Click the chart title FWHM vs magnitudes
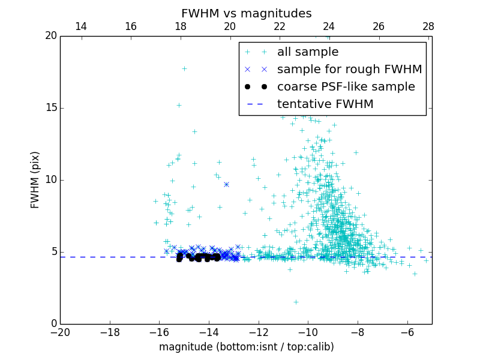(246, 13)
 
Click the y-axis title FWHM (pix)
(35, 179)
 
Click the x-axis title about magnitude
(246, 347)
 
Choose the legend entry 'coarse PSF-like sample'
(346, 87)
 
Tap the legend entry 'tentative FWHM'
(325, 104)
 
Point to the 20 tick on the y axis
(50, 36)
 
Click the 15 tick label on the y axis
(50, 108)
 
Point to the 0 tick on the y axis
(53, 324)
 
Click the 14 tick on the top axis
(80, 26)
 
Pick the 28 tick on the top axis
(428, 26)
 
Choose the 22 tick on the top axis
(279, 26)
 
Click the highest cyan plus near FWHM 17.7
(184, 68)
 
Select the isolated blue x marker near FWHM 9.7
(226, 184)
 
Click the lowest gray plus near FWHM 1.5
(296, 302)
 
